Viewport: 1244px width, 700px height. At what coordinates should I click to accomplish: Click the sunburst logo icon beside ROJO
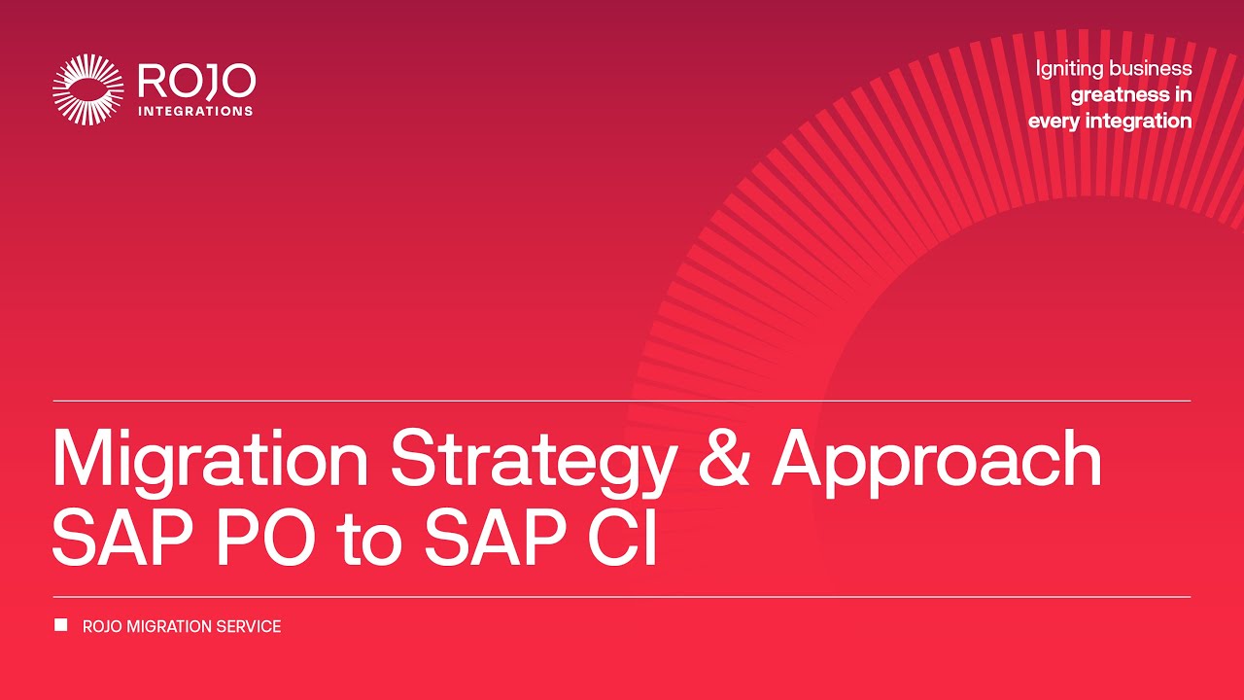(x=88, y=89)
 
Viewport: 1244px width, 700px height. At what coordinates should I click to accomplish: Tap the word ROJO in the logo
(x=196, y=82)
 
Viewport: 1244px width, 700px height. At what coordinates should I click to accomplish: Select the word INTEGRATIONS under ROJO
(x=196, y=111)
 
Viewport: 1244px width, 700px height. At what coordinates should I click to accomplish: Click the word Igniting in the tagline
(x=1066, y=69)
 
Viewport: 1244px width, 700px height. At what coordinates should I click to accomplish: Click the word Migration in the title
(x=210, y=458)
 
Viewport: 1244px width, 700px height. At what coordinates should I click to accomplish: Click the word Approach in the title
(x=938, y=458)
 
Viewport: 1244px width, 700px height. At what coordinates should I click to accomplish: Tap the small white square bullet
(x=61, y=625)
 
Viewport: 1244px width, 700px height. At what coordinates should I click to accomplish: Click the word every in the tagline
(x=1054, y=122)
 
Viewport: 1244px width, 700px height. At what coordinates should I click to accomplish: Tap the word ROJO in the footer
(x=102, y=627)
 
